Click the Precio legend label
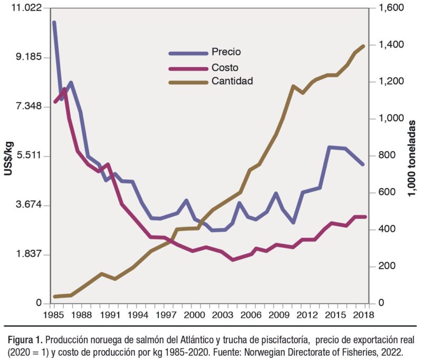(x=226, y=52)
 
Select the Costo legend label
(x=224, y=67)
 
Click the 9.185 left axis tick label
(x=25, y=57)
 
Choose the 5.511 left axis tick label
(x=25, y=156)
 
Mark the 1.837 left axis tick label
(x=25, y=254)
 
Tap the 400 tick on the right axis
(x=391, y=229)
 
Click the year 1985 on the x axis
(x=54, y=315)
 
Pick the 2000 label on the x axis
(x=194, y=315)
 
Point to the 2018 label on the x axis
(x=363, y=315)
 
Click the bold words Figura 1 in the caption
(x=24, y=338)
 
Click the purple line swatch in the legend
(x=188, y=68)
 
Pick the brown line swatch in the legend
(x=188, y=82)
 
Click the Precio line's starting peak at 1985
(x=54, y=23)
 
